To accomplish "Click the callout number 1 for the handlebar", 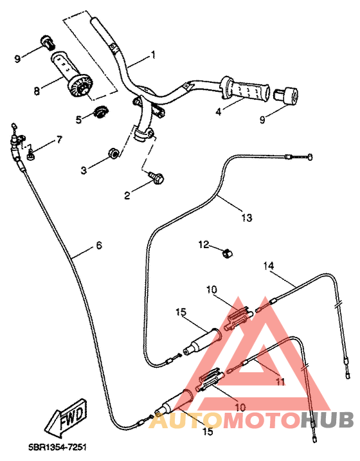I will click(x=153, y=55).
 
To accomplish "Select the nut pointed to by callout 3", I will click(x=112, y=152).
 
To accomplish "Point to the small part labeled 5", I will click(x=100, y=113).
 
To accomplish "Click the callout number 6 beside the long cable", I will click(x=98, y=245).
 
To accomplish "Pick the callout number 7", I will click(x=59, y=139).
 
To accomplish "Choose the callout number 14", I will click(x=269, y=265).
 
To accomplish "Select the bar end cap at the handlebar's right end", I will click(x=286, y=96).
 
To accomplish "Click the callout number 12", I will click(x=204, y=244).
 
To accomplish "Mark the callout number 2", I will click(x=127, y=195).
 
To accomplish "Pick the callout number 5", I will click(x=78, y=119).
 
